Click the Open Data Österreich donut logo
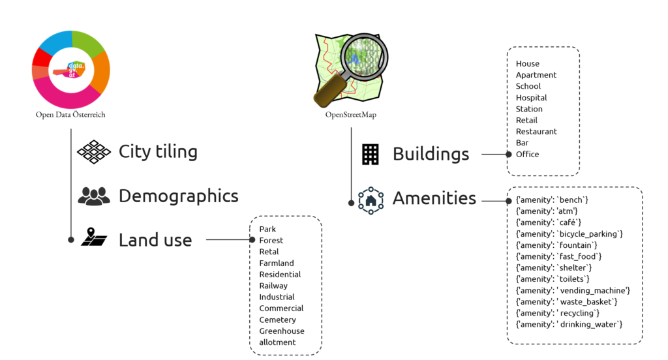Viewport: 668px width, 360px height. tap(70, 69)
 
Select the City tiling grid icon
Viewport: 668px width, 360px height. tap(94, 152)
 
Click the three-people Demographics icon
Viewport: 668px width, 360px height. tap(94, 196)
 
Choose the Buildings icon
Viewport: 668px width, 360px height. tap(370, 155)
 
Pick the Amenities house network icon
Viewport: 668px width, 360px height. tap(371, 200)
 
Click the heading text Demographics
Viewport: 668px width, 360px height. tap(178, 196)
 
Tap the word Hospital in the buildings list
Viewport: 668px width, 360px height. tap(531, 98)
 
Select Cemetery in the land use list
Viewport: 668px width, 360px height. tap(277, 320)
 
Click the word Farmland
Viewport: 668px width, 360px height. tap(277, 263)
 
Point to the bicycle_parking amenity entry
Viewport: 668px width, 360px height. tap(569, 233)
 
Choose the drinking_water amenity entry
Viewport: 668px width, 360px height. tap(569, 324)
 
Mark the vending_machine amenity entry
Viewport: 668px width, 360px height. tap(573, 290)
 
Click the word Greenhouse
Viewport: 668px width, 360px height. tap(282, 331)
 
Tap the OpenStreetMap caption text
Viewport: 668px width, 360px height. tap(351, 115)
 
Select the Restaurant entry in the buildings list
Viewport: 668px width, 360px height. tap(536, 132)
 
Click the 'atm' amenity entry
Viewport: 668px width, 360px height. tap(547, 211)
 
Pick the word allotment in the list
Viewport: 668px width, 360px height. tap(277, 342)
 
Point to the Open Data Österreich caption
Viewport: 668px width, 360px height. tap(70, 115)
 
